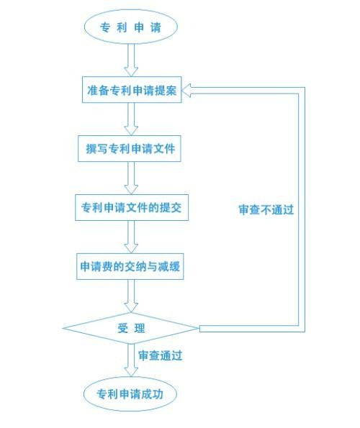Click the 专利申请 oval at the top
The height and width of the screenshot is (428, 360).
click(131, 27)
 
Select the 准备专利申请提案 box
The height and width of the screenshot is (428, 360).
click(132, 90)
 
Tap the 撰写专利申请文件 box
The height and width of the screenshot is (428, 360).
click(130, 148)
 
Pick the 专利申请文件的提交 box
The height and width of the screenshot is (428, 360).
click(132, 207)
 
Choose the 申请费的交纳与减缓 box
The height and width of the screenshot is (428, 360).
click(130, 266)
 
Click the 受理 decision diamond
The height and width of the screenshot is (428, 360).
click(131, 328)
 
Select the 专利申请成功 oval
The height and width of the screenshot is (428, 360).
click(130, 394)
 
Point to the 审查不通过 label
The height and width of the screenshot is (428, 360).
click(266, 209)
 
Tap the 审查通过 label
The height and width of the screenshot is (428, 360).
click(161, 355)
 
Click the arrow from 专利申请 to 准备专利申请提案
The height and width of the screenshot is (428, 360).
click(131, 60)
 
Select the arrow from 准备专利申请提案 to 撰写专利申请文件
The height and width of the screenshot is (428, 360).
click(131, 119)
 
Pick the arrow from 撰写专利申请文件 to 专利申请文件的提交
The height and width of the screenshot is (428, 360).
click(131, 178)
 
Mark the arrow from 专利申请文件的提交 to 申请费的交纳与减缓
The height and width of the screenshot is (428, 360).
click(131, 237)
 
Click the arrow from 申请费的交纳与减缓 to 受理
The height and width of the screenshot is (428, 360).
click(131, 296)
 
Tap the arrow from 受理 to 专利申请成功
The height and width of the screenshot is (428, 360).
click(131, 360)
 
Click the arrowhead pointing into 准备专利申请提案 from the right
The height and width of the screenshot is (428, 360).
click(186, 91)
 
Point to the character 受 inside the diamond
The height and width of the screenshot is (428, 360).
click(122, 328)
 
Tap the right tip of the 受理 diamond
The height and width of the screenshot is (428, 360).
click(199, 328)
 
